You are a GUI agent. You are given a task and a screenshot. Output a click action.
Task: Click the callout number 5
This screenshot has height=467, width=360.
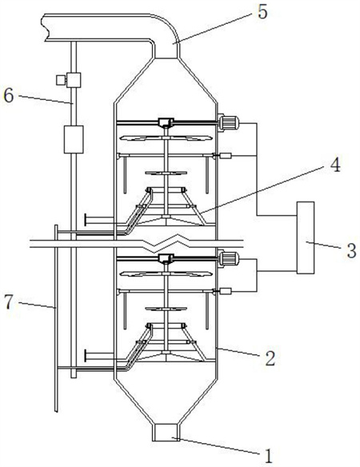point(262,13)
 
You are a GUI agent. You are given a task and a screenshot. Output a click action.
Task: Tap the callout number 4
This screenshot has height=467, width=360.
point(336,166)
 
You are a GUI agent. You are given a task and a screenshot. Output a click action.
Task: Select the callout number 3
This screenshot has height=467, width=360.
point(352,250)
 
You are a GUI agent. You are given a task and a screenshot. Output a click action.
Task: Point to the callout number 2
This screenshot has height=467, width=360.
point(270,358)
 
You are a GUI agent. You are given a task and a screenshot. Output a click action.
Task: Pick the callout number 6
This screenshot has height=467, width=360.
point(9,96)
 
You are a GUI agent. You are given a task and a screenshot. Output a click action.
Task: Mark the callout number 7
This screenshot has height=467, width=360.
point(10,302)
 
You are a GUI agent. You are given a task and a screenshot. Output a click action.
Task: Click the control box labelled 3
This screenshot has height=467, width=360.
point(305,237)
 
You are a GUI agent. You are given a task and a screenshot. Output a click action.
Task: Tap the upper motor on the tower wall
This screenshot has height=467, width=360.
point(229,123)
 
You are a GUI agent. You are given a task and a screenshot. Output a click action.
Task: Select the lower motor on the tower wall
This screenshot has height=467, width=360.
point(229,258)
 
